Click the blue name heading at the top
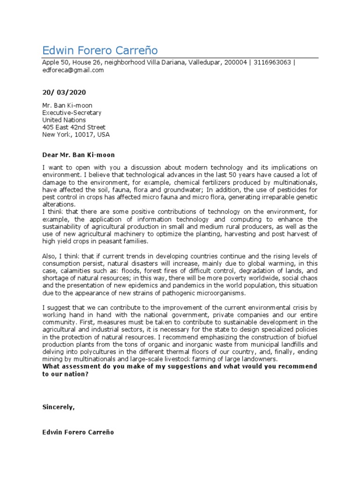pyautogui.click(x=100, y=50)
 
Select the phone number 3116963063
pyautogui.click(x=271, y=63)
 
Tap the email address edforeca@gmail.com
pyautogui.click(x=73, y=70)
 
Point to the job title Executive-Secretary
pyautogui.click(x=72, y=112)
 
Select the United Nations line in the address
pyautogui.click(x=64, y=120)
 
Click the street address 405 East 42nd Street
pyautogui.click(x=74, y=127)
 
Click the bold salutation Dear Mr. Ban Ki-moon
pyautogui.click(x=78, y=155)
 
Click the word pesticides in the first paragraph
pyautogui.click(x=292, y=190)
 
